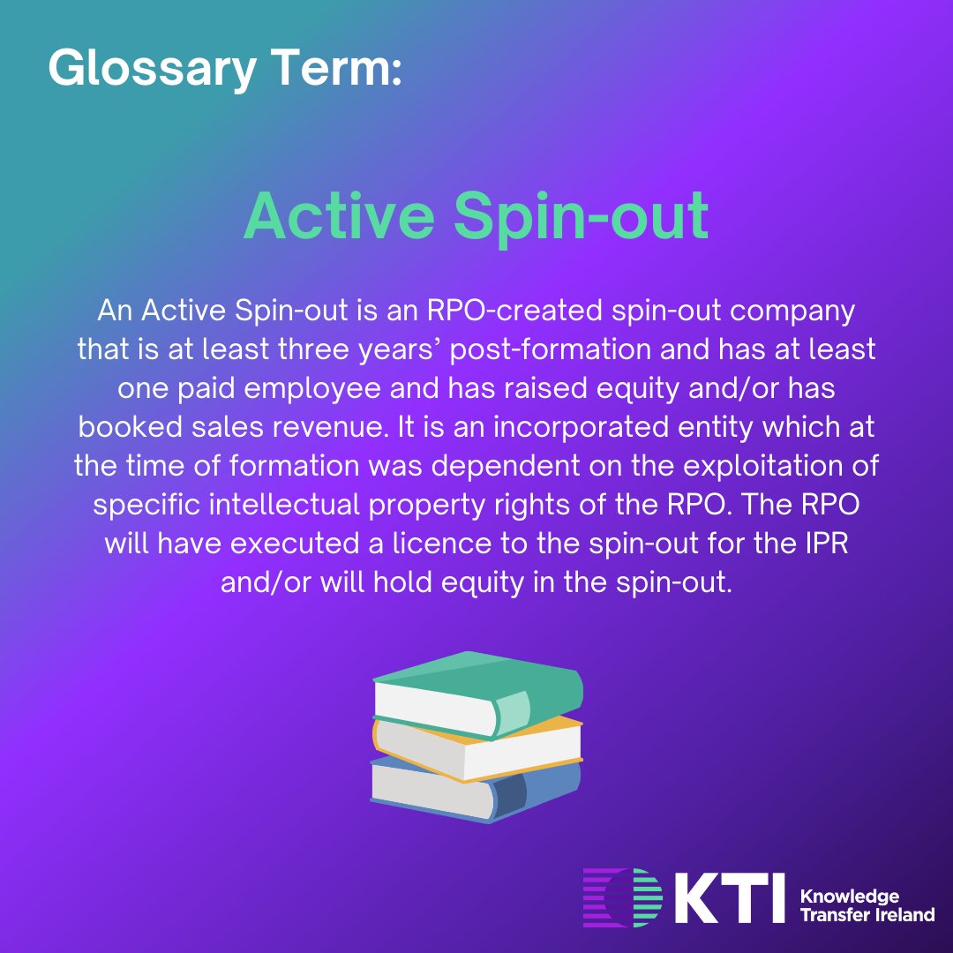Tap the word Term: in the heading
click(347, 67)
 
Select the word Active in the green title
click(339, 216)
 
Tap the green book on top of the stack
click(476, 693)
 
